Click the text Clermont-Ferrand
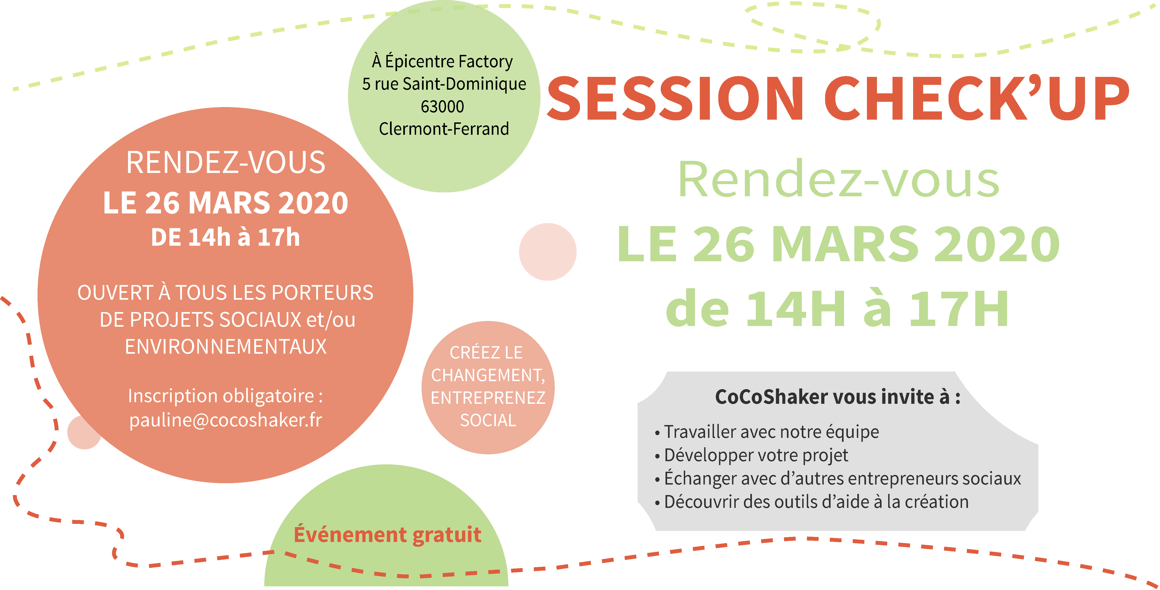click(x=444, y=129)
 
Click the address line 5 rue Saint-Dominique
click(x=444, y=84)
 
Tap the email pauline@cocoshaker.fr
click(x=226, y=420)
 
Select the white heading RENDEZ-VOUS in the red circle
click(x=226, y=162)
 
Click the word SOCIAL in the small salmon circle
click(x=488, y=420)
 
